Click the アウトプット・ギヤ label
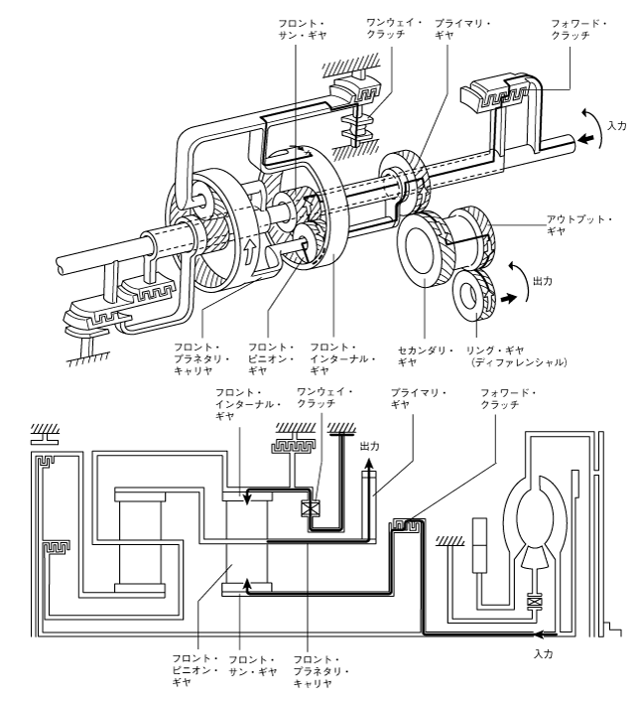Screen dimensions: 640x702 click(x=578, y=225)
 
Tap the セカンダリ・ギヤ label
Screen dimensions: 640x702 click(x=426, y=355)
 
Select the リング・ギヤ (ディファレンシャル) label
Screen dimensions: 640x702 click(x=517, y=355)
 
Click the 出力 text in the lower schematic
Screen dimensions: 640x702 click(x=370, y=447)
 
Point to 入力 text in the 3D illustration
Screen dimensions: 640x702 click(x=617, y=126)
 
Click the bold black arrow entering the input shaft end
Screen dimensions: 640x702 click(x=585, y=139)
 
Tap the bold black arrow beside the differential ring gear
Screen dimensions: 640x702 click(x=508, y=298)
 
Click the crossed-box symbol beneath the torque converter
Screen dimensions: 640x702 click(x=534, y=602)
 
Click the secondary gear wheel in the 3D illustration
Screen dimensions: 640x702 click(x=422, y=250)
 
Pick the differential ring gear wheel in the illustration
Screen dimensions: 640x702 click(x=474, y=295)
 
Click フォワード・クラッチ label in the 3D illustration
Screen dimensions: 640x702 click(x=578, y=29)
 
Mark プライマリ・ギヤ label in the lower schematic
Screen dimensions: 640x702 click(x=419, y=398)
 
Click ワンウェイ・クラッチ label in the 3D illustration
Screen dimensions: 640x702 click(x=394, y=28)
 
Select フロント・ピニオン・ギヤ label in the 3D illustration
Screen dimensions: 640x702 click(x=271, y=358)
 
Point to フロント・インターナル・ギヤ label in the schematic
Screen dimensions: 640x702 click(x=248, y=404)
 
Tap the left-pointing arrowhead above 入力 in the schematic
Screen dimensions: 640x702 click(x=541, y=633)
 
